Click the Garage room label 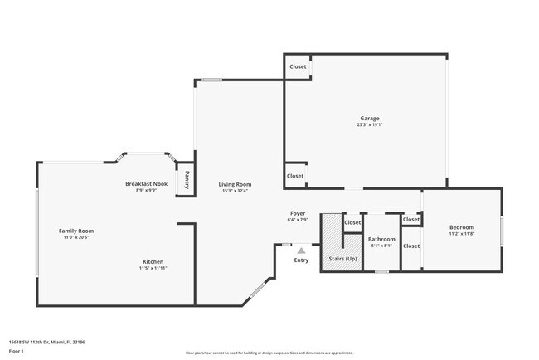[370, 119]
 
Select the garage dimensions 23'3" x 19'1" [370, 125]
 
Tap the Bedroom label [462, 227]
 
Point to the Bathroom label [381, 240]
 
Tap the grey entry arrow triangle [301, 250]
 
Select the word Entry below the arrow [301, 260]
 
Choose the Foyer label [298, 213]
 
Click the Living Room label [235, 184]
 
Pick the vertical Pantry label [187, 180]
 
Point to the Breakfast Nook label [146, 183]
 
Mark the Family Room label [75, 231]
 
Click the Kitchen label [153, 261]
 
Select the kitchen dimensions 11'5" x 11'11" [153, 268]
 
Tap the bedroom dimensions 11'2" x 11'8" [462, 234]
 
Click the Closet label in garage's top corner [297, 67]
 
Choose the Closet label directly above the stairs [352, 222]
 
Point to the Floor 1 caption [17, 350]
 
